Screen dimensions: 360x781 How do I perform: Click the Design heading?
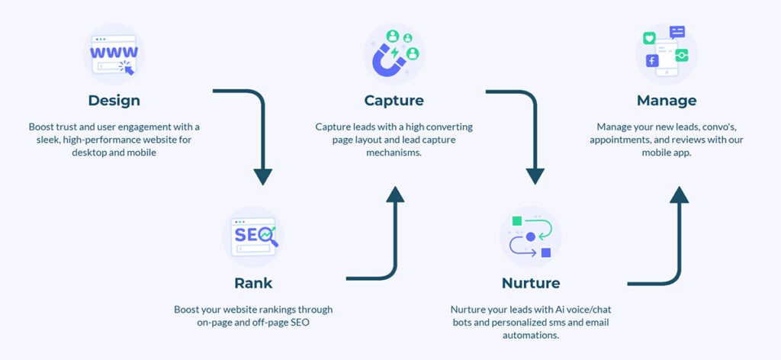(114, 100)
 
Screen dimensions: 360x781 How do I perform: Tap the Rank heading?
(253, 283)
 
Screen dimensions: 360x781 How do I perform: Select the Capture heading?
(394, 100)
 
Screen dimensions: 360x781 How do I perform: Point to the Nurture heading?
(531, 283)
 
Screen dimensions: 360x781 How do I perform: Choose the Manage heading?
(667, 100)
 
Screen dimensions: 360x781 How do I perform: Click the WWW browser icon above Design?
(114, 54)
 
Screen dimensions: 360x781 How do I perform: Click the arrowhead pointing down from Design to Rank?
(263, 176)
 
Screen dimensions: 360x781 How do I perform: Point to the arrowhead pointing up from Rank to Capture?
(395, 194)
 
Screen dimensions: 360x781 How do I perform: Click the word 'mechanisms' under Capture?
(394, 153)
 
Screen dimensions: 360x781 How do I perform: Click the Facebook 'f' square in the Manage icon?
(652, 61)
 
